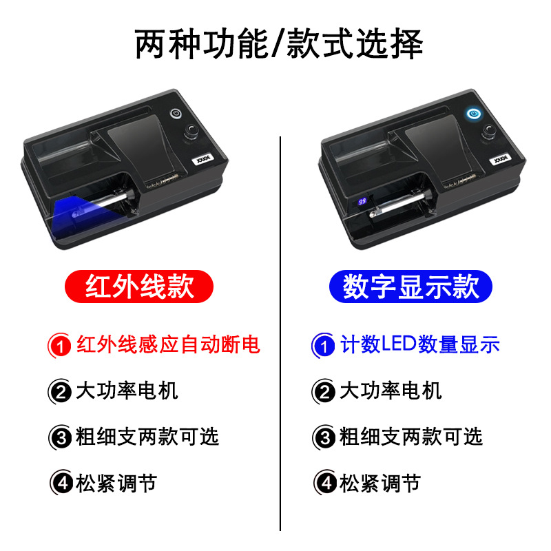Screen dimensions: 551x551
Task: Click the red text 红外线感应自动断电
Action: coord(168,344)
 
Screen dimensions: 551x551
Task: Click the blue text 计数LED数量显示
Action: coord(420,344)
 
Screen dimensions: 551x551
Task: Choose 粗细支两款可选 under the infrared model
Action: coord(147,436)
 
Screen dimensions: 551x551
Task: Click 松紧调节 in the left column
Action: coord(117,482)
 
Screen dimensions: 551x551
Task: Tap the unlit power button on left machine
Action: coord(176,114)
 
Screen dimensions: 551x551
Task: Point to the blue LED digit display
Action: coord(362,202)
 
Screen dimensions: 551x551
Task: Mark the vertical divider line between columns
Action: coord(280,331)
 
